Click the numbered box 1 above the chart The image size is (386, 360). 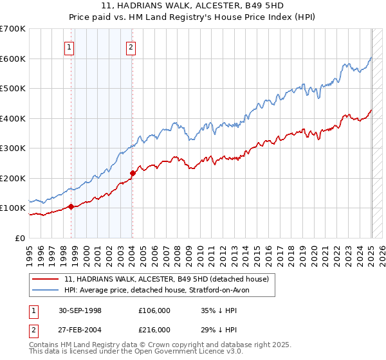[x=69, y=46]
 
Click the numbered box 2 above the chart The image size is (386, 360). [x=131, y=46]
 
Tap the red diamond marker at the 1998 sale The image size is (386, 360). [x=71, y=207]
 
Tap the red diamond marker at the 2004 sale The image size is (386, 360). [x=133, y=173]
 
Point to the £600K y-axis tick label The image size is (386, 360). [x=14, y=59]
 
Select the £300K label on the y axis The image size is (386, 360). [x=14, y=148]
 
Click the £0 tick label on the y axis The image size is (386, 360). [x=21, y=239]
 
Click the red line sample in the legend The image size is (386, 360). [x=46, y=279]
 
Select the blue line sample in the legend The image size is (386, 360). [x=46, y=290]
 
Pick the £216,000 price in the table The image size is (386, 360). [x=154, y=329]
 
